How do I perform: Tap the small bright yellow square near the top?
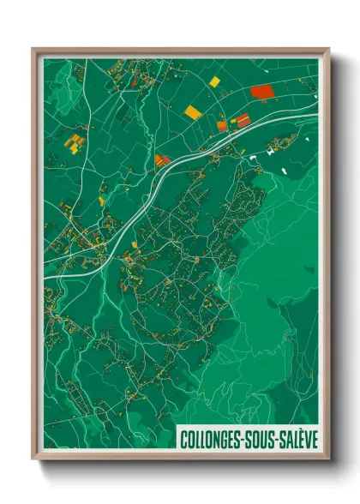click(214, 82)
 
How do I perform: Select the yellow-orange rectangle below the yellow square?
click(193, 111)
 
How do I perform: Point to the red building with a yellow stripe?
click(243, 120)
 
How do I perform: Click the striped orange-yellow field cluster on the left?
click(75, 141)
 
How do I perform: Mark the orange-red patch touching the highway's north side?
click(162, 159)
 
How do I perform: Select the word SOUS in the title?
click(258, 439)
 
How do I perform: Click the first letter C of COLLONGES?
click(184, 439)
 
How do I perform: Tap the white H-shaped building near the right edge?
click(273, 151)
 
